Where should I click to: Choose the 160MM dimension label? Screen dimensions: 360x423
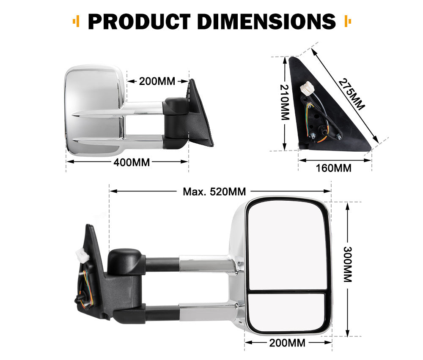click(334, 168)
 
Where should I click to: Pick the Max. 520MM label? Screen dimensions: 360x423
click(214, 192)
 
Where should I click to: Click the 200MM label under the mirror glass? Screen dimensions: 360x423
click(287, 343)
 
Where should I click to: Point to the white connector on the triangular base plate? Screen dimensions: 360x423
click(305, 90)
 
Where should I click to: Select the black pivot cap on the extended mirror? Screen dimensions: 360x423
click(124, 261)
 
